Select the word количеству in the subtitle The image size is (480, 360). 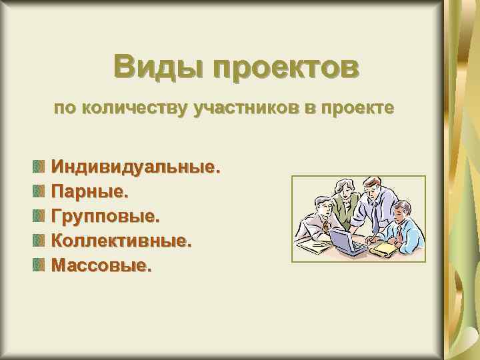(x=134, y=108)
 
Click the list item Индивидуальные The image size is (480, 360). (x=135, y=166)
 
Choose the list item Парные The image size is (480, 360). (x=89, y=191)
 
